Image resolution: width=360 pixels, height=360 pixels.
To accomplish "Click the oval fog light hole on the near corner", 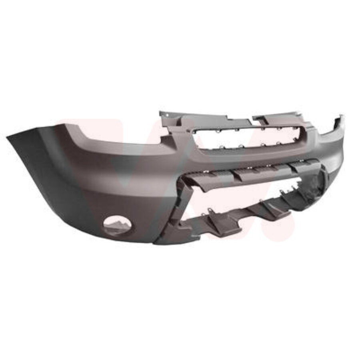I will (117, 225).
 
